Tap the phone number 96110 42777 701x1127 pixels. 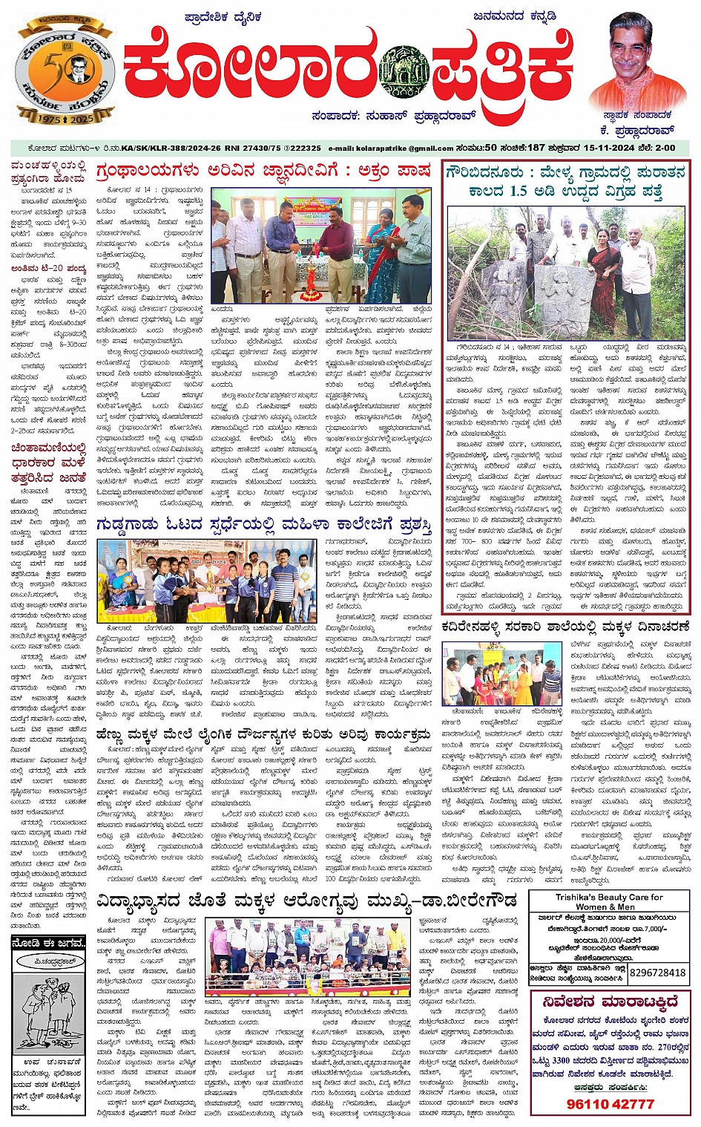click(x=610, y=1104)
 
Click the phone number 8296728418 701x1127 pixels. click(x=657, y=973)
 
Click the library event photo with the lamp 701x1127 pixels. click(x=320, y=244)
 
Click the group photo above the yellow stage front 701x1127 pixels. click(x=307, y=958)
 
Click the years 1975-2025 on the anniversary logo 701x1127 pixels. click(x=65, y=118)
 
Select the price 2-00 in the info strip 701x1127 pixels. click(x=665, y=148)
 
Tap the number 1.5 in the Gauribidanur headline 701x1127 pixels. click(x=519, y=191)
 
